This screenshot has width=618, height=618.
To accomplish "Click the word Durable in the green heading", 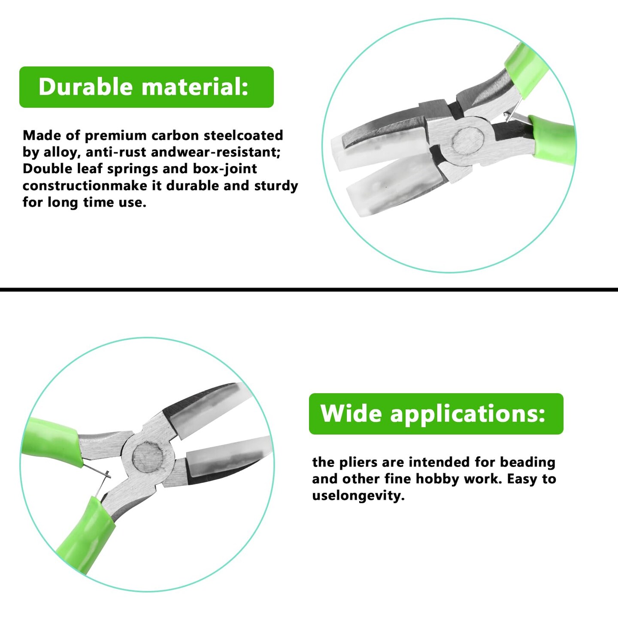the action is (x=86, y=87).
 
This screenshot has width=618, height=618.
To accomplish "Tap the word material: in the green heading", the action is (x=195, y=87).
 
